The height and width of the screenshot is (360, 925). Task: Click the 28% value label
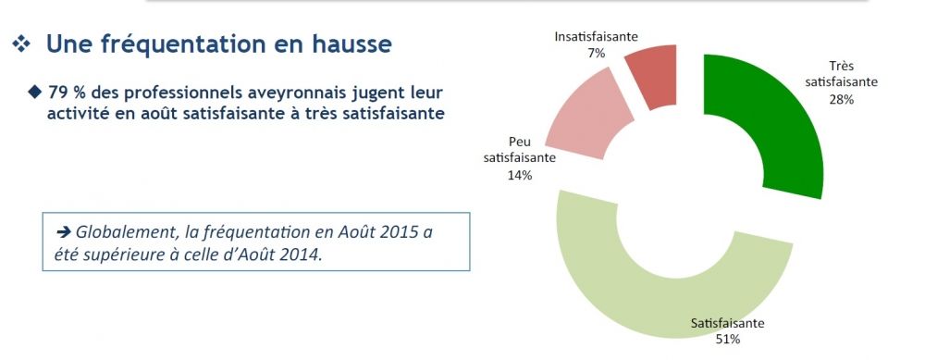(x=841, y=98)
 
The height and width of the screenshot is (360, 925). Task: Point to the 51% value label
(x=727, y=340)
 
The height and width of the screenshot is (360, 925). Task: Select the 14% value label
(x=519, y=174)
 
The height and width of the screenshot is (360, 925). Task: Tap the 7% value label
(x=596, y=54)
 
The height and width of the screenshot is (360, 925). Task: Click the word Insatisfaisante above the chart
(x=596, y=37)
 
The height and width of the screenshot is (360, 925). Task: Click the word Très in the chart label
(x=841, y=67)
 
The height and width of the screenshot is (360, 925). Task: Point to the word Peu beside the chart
(x=520, y=143)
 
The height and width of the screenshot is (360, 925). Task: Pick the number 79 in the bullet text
(x=61, y=93)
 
